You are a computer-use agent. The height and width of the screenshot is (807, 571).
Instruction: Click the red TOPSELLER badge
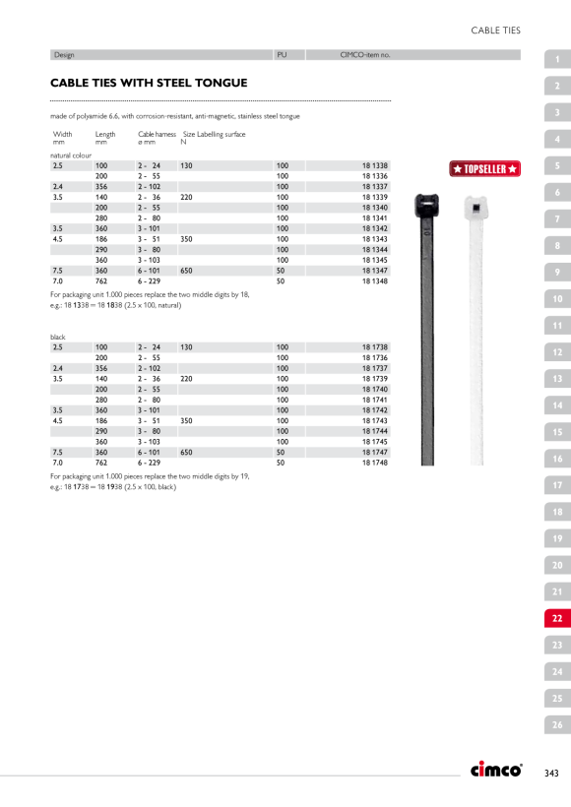(x=484, y=169)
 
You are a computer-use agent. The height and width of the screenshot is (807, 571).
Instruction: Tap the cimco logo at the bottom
(x=496, y=769)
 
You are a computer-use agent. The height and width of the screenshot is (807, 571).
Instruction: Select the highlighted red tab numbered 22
(x=557, y=618)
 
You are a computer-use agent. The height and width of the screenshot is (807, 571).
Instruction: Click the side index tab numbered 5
(x=557, y=165)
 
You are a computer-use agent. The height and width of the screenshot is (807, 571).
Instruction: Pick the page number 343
(x=551, y=773)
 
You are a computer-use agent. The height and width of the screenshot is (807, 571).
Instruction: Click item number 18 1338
(x=375, y=165)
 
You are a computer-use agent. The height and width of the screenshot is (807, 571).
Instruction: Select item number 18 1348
(x=375, y=281)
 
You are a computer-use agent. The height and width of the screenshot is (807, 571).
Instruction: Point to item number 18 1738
(x=375, y=347)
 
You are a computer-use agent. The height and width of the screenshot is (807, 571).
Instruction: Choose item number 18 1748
(x=375, y=463)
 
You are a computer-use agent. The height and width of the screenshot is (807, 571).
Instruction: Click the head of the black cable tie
(x=427, y=206)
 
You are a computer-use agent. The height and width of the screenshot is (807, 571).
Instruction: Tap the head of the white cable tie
(x=476, y=208)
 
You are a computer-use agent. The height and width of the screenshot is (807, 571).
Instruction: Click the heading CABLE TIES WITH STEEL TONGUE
(x=149, y=83)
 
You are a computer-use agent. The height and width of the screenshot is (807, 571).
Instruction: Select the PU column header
(x=282, y=55)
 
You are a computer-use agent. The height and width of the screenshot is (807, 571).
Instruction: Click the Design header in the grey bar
(x=64, y=55)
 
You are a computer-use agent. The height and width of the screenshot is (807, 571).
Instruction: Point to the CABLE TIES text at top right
(x=496, y=31)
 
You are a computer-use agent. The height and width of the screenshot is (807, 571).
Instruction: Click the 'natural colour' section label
(x=71, y=155)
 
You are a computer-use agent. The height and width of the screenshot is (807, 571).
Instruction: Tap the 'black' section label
(x=58, y=338)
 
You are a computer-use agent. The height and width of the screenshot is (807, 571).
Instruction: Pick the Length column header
(x=105, y=134)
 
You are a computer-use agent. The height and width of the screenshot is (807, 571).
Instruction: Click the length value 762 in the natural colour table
(x=101, y=281)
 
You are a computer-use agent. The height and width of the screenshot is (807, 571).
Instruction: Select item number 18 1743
(x=375, y=420)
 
